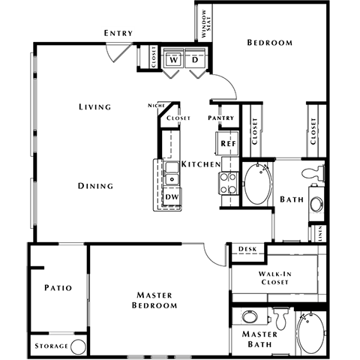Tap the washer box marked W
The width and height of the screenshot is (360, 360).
tap(174, 59)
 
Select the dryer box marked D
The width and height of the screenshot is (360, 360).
tap(196, 59)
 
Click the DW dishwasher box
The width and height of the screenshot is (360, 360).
tap(171, 196)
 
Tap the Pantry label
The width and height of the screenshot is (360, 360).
tap(223, 118)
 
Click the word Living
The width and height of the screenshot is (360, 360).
tap(94, 106)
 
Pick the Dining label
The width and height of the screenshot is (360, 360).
tap(94, 185)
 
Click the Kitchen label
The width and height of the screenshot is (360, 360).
tap(200, 163)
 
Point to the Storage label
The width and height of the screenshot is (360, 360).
tap(50, 346)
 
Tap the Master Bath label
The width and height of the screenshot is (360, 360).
tap(259, 338)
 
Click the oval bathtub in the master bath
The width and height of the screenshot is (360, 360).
tap(310, 334)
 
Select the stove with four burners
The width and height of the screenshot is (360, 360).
tap(228, 184)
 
